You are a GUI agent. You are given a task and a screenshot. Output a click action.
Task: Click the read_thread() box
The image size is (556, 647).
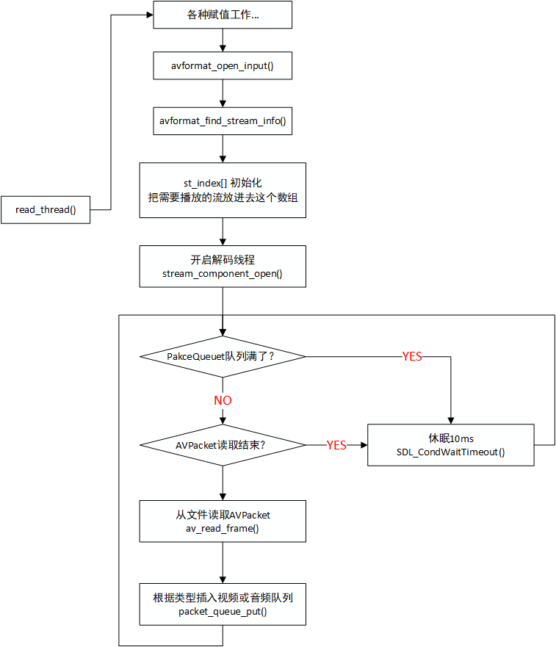pyautogui.click(x=46, y=210)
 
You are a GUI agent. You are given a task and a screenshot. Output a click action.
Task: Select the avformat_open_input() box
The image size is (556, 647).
pyautogui.click(x=223, y=66)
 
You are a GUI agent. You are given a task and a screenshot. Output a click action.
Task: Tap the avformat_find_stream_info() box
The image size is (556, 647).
pyautogui.click(x=223, y=120)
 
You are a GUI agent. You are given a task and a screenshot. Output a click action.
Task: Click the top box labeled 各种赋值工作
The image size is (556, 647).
pyautogui.click(x=223, y=15)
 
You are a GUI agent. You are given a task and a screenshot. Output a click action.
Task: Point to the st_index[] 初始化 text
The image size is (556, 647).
pyautogui.click(x=223, y=182)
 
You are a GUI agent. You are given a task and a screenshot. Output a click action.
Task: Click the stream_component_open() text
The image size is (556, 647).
pyautogui.click(x=223, y=273)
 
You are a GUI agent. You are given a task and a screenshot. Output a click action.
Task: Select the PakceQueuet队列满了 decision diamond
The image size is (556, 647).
pyautogui.click(x=223, y=356)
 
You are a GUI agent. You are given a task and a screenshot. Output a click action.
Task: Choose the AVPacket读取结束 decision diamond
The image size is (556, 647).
pyautogui.click(x=223, y=445)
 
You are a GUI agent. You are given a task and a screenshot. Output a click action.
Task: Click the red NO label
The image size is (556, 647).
pyautogui.click(x=223, y=400)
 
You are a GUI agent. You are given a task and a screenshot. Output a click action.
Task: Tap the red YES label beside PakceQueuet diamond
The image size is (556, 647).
pyautogui.click(x=412, y=356)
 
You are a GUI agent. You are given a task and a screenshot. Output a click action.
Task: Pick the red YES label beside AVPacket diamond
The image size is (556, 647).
pyautogui.click(x=336, y=445)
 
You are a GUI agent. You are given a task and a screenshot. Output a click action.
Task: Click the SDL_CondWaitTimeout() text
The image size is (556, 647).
pyautogui.click(x=451, y=452)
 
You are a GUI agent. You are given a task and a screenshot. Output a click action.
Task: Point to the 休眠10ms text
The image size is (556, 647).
pyautogui.click(x=451, y=438)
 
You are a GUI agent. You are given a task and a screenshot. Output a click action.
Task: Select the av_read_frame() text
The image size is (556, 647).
pyautogui.click(x=223, y=529)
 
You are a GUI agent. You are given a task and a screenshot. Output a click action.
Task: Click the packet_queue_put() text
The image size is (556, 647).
pyautogui.click(x=223, y=612)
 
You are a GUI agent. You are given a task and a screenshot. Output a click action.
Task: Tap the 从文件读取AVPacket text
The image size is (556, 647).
pyautogui.click(x=223, y=515)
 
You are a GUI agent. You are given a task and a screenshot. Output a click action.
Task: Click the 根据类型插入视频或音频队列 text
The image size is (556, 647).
pyautogui.click(x=223, y=598)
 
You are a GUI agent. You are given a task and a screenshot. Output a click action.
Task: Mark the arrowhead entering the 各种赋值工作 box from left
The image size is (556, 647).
pyautogui.click(x=148, y=15)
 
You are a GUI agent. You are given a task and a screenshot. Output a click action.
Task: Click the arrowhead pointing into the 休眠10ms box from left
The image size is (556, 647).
pyautogui.click(x=363, y=445)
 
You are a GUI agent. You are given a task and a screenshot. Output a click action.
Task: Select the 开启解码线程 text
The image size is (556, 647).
pyautogui.click(x=223, y=259)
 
